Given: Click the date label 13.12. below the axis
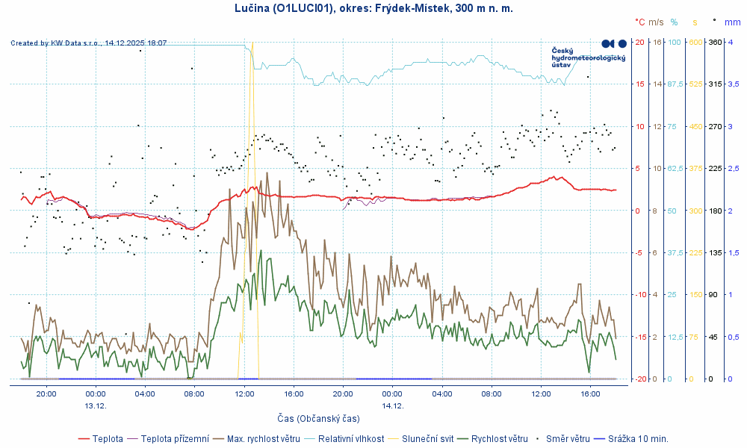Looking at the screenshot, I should pos(95,405).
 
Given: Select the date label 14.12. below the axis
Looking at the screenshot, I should pos(392,405).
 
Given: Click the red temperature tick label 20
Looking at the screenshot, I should pos(639,42).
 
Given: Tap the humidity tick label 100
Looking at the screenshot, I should pos(675,42).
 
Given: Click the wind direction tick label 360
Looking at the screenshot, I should pos(715,42).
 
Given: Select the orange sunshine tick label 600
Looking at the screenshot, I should pos(695,42).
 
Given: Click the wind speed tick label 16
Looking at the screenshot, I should pos(657,42).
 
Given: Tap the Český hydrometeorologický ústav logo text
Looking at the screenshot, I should pos(587,58).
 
